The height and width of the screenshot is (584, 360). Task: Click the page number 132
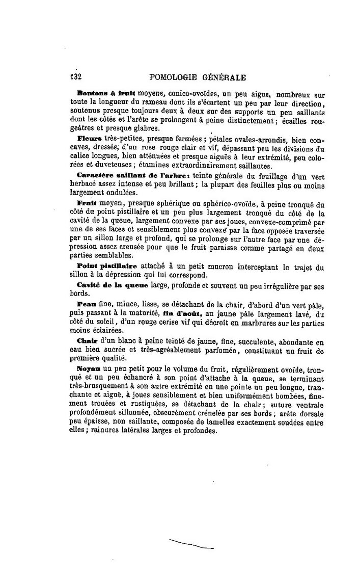click(x=76, y=78)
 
